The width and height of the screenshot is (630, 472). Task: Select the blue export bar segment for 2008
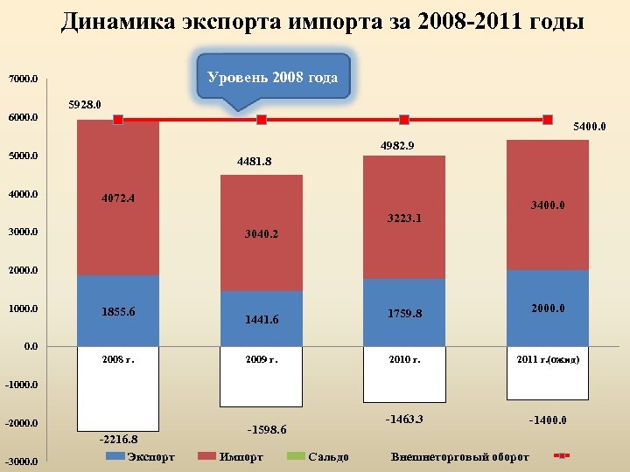tap(117, 310)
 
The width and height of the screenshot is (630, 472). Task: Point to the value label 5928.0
tap(85, 105)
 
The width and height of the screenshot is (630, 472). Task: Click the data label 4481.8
tap(254, 162)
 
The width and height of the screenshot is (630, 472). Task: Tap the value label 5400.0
tap(589, 127)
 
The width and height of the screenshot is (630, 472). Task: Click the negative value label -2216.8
tap(117, 440)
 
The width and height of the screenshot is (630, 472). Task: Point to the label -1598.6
tap(268, 430)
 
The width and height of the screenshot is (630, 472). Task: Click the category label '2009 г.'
tap(262, 359)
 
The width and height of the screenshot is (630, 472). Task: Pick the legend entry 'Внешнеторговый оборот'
tap(460, 457)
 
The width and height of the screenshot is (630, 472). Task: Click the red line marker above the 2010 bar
tap(404, 120)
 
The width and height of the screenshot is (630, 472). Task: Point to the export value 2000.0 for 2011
tap(548, 309)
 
